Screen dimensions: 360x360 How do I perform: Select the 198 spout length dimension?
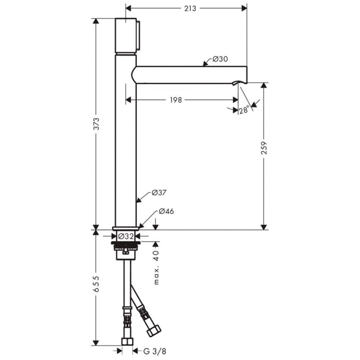coord(175,100)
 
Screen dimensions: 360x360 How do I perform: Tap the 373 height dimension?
coord(96,124)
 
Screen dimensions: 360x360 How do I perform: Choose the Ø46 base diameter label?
coord(165,211)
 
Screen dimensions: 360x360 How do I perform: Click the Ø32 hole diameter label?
coord(126,237)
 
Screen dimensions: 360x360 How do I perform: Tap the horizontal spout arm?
coord(190,75)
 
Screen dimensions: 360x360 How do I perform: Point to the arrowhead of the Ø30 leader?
coord(205,64)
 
